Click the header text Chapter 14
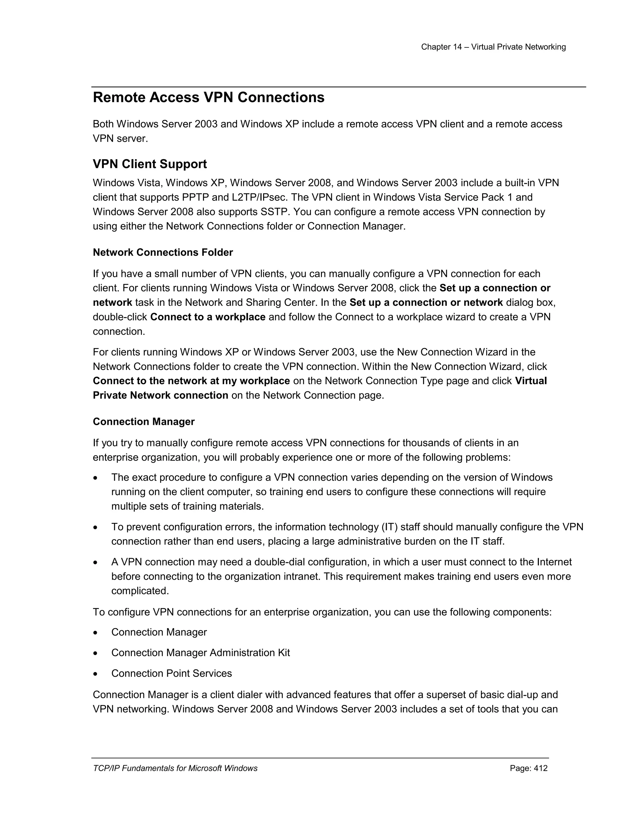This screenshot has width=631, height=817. tap(442, 47)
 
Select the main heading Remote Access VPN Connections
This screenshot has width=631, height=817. tap(209, 98)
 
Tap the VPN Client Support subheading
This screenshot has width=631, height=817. tap(149, 164)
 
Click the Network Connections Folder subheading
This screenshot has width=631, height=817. tap(163, 252)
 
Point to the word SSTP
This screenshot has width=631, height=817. tap(275, 212)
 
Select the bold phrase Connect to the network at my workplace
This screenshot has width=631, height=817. tap(191, 381)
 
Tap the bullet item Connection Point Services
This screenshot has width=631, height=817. tap(171, 673)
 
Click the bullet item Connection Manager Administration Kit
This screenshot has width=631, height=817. tap(200, 653)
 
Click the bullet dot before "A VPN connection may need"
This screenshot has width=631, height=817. tap(96, 563)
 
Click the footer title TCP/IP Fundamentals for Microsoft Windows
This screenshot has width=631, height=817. tap(175, 768)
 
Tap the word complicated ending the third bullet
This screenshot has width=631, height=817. tap(140, 591)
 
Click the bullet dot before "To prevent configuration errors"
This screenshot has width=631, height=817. tap(96, 528)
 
